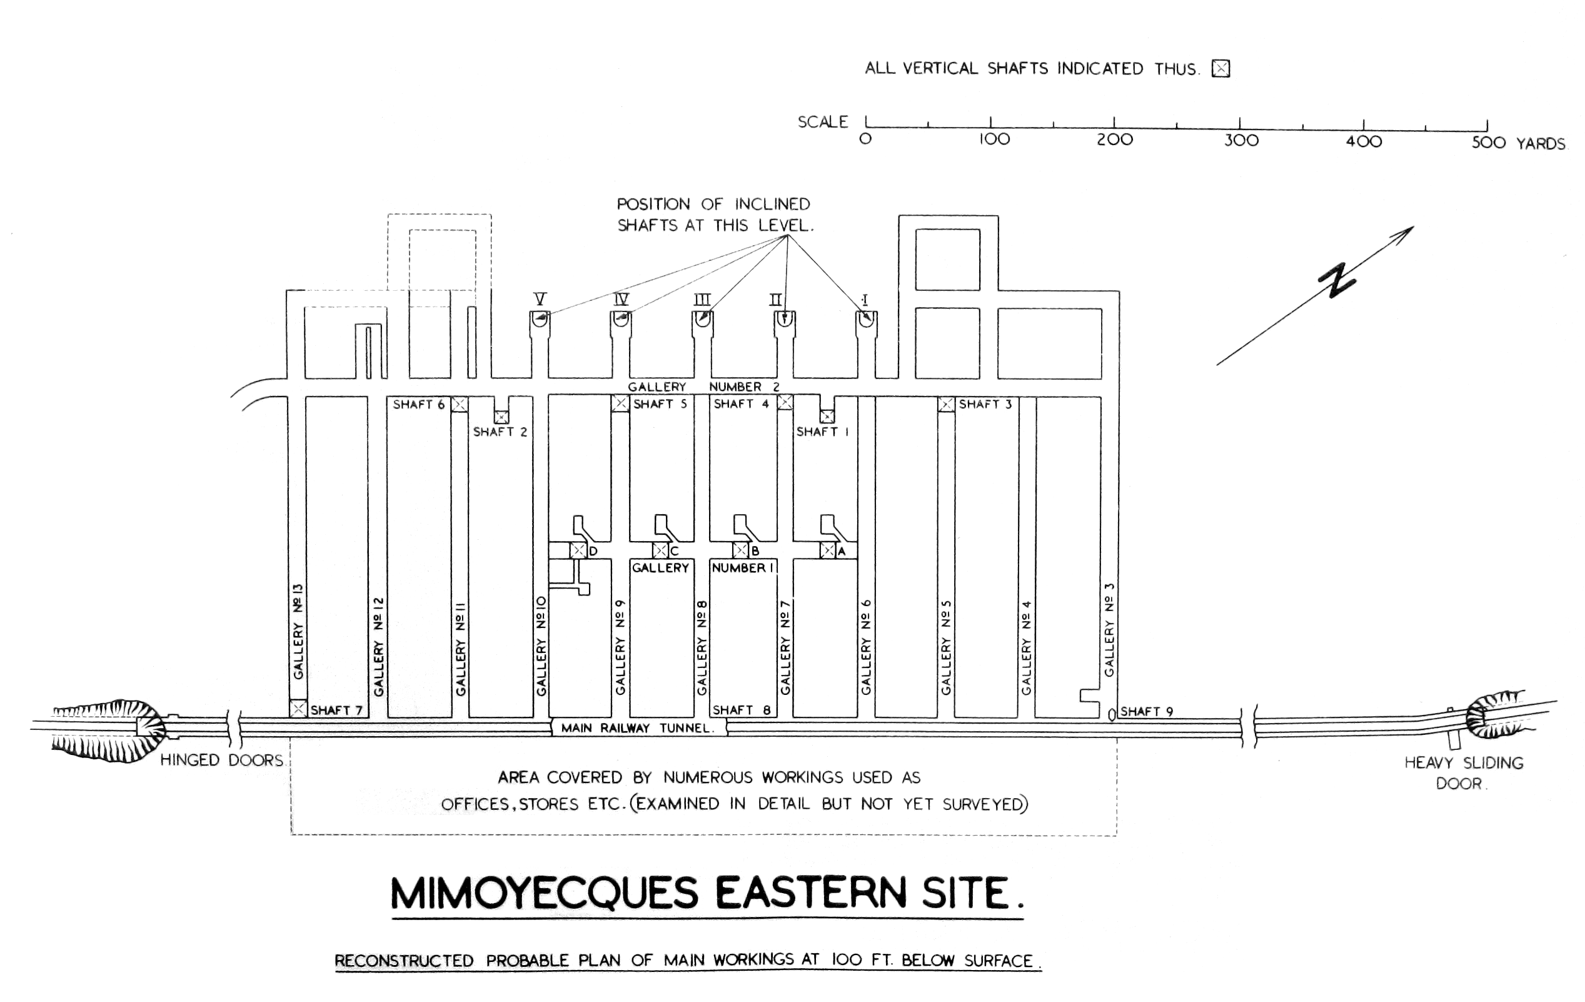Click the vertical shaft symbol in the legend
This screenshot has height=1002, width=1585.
pos(1221,68)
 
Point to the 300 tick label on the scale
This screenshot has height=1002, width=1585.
pos(1240,140)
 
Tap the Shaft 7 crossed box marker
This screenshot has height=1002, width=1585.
pos(298,709)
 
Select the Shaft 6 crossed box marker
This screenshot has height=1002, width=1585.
pos(460,404)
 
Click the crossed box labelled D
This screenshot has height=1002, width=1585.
pos(578,550)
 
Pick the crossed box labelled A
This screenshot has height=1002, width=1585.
pos(827,550)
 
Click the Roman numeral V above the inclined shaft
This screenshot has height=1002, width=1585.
pos(540,300)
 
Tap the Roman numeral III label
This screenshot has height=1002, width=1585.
pos(702,300)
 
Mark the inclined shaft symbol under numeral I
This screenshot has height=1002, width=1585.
pos(865,318)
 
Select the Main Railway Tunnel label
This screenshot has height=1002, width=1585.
pos(637,727)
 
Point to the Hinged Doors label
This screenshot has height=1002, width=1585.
pos(223,761)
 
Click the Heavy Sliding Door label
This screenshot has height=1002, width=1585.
pos(1464,773)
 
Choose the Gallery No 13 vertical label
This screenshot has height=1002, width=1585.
pos(298,630)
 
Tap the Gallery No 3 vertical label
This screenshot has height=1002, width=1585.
pos(1109,629)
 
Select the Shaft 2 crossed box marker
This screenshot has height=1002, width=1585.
pos(501,417)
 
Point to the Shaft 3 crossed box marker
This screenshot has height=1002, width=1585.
pos(946,404)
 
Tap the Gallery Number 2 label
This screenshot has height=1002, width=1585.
pos(703,387)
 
